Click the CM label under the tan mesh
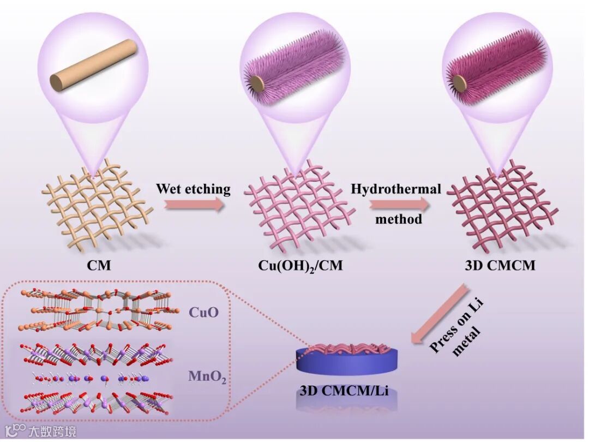tap(98, 266)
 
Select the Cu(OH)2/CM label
tap(301, 266)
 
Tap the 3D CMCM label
tap(500, 266)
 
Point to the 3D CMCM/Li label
tap(344, 391)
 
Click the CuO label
tap(203, 312)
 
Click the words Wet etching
tap(193, 189)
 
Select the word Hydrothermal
tap(396, 189)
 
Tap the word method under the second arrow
tap(399, 219)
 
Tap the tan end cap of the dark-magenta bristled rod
tap(460, 84)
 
